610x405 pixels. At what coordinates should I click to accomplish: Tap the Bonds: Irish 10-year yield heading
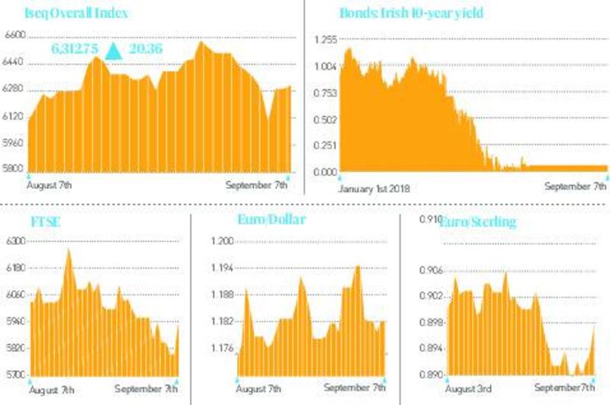coord(411,14)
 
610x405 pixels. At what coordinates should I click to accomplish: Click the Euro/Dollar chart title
coord(271,219)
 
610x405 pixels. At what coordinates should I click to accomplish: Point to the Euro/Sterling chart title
coord(477,222)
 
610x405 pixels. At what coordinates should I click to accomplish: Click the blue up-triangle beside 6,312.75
coord(114,51)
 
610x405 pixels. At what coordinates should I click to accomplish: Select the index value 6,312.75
coord(75,49)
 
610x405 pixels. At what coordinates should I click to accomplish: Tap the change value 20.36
coord(145,49)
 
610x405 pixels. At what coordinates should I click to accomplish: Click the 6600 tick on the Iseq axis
coord(14,35)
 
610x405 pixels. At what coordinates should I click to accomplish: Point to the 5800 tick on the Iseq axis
coord(14,168)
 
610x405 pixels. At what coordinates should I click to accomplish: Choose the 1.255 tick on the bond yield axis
coord(325,40)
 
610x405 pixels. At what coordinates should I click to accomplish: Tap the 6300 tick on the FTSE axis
coord(16,241)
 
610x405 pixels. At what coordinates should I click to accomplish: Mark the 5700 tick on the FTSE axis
coord(16,375)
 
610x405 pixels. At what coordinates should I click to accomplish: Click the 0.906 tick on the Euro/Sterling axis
coord(432,269)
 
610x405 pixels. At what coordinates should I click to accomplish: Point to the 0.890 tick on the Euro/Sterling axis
coord(432,375)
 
